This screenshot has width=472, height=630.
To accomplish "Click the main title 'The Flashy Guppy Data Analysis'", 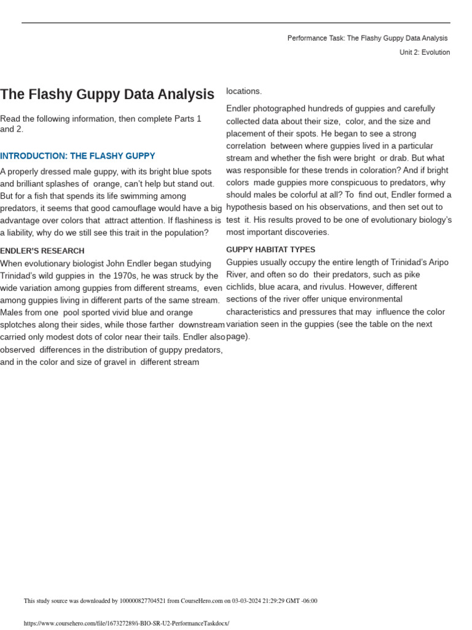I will (107, 95).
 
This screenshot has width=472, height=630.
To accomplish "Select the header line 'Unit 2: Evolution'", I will (424, 52).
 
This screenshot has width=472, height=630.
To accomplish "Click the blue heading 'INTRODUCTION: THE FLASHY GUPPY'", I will (77, 156).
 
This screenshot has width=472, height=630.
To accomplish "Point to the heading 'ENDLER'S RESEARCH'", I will (42, 251).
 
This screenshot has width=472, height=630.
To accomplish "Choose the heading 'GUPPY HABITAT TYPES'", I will (271, 250).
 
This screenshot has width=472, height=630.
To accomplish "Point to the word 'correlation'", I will (246, 146).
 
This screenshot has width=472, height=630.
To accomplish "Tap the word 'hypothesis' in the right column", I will (247, 207).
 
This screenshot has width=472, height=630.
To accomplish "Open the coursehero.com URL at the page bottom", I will (126, 623).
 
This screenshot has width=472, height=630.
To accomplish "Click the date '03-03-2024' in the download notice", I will (246, 601).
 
